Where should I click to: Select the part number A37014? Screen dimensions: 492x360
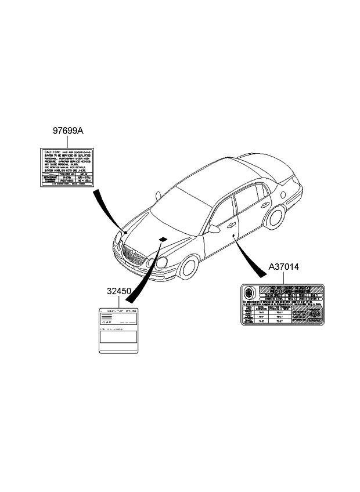(x=284, y=267)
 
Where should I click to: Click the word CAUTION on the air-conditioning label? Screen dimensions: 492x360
(x=51, y=152)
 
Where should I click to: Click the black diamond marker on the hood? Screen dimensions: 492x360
(x=163, y=239)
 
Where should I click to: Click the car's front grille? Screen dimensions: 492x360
(x=132, y=254)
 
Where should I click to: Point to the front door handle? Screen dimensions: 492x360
(x=231, y=225)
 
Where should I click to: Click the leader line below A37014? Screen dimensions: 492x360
(x=283, y=278)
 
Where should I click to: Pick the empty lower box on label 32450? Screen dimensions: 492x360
(x=118, y=339)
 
